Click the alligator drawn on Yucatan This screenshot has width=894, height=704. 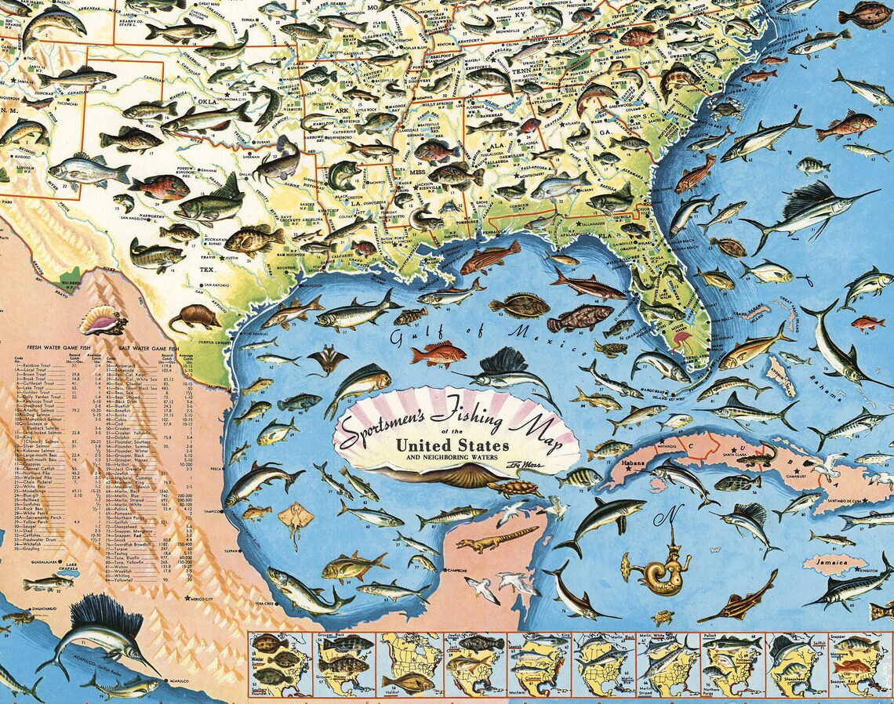pos(497,539)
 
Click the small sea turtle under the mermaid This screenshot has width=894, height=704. pos(663,617)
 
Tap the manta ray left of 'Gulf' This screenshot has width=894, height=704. pos(328,360)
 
